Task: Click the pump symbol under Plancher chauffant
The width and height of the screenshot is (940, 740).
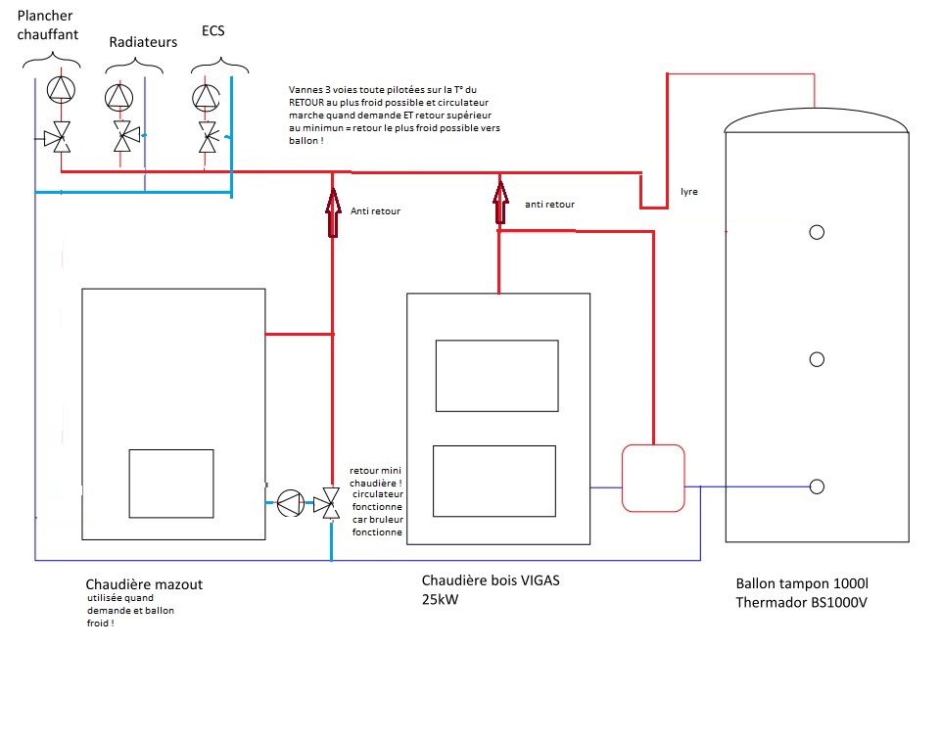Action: (61, 89)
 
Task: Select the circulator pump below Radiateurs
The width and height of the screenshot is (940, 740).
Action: (118, 97)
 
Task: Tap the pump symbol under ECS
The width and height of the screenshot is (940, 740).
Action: (206, 97)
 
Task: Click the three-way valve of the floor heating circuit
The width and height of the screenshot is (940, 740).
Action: (59, 137)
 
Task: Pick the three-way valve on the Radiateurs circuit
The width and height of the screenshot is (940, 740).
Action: (124, 136)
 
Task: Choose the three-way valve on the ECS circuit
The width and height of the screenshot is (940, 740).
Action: (208, 137)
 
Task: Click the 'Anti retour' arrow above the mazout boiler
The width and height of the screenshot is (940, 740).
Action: (333, 212)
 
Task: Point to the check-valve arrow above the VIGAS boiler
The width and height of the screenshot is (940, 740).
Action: (500, 203)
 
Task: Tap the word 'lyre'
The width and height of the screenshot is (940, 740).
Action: (688, 192)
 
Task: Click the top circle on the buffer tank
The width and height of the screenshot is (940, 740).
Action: (817, 233)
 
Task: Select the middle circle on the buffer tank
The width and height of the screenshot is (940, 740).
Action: (817, 359)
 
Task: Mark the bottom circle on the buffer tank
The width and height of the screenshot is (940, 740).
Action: (817, 486)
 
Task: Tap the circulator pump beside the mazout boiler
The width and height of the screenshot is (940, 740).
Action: (291, 503)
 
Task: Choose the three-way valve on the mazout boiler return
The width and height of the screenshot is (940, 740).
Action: (327, 503)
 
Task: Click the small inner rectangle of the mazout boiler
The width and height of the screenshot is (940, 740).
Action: (171, 484)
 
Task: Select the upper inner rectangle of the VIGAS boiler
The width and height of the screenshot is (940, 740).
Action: (497, 376)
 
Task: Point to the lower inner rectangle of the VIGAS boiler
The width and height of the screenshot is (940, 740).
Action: (494, 482)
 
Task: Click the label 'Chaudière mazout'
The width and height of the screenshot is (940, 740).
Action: (144, 584)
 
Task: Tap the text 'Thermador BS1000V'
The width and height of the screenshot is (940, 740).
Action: (802, 602)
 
